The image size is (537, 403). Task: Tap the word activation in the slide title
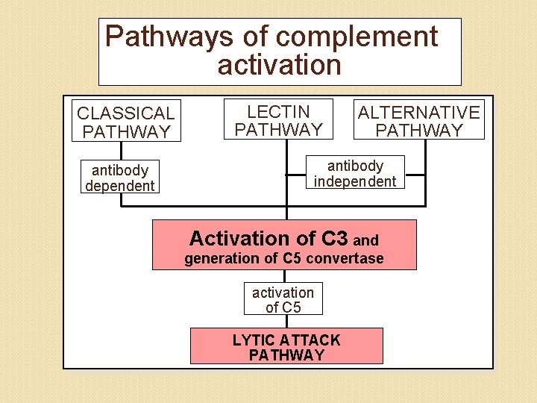(279, 65)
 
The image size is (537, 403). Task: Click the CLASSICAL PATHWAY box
(126, 122)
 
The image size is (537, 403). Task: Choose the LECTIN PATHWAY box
(278, 120)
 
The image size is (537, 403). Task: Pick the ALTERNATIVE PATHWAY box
(418, 121)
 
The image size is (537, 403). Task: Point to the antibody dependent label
(119, 178)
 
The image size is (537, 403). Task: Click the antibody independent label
(355, 173)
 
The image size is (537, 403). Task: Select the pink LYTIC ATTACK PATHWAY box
(286, 347)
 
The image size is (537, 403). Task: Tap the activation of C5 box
(283, 299)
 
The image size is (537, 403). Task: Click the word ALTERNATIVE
(418, 113)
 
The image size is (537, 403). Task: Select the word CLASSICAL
(126, 113)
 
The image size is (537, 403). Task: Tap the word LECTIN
(278, 112)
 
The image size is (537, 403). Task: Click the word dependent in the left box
(119, 186)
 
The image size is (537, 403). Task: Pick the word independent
(355, 181)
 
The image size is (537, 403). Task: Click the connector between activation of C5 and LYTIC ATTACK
(284, 322)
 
